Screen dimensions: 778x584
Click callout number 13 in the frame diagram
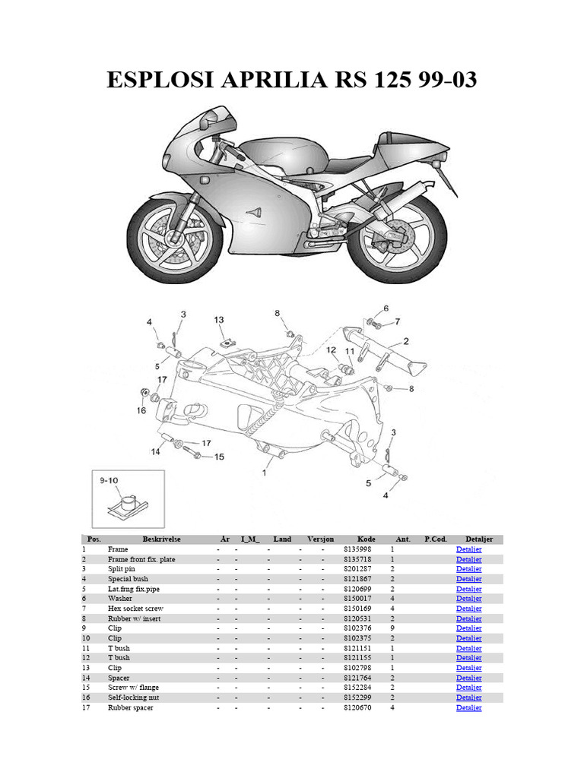point(219,320)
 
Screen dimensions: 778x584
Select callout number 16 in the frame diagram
point(141,410)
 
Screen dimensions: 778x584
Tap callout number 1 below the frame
point(264,472)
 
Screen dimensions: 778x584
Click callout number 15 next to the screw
point(219,457)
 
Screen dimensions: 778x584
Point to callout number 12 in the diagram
point(332,350)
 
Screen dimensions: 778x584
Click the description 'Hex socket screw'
point(135,609)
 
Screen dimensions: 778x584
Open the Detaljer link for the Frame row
point(468,549)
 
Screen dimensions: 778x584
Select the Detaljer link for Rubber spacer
point(468,707)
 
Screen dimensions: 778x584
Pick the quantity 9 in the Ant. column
point(393,628)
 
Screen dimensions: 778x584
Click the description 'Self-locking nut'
point(135,697)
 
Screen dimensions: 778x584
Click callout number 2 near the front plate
point(406,341)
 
